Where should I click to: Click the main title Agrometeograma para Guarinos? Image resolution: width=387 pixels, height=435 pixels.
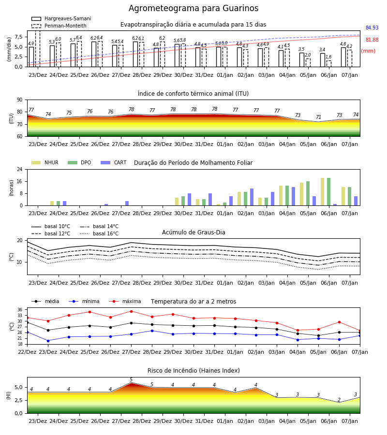click(x=193, y=8)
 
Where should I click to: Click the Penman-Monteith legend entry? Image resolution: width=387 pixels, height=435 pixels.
click(x=59, y=26)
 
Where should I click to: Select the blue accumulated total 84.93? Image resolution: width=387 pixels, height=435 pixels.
click(x=372, y=28)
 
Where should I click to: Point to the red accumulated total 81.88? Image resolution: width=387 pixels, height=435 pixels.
click(x=372, y=40)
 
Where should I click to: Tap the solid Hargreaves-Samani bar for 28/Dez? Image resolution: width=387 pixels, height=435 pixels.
click(x=135, y=54)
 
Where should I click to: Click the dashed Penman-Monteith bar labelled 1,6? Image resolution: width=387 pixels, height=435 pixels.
click(x=329, y=63)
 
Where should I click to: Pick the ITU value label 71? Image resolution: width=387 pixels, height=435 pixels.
click(x=318, y=117)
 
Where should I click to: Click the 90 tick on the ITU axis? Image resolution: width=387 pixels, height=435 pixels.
click(x=20, y=100)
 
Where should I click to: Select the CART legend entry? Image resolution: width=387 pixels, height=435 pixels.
click(x=114, y=162)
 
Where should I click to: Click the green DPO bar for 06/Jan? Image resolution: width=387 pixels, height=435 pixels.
click(x=328, y=192)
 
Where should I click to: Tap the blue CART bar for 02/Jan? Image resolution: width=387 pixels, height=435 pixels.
click(x=252, y=197)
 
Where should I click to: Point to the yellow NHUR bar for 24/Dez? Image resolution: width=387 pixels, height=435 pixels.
click(x=52, y=203)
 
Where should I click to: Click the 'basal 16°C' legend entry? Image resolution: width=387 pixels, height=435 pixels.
click(x=99, y=233)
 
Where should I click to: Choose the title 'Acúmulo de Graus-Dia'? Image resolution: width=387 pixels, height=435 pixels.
click(x=193, y=232)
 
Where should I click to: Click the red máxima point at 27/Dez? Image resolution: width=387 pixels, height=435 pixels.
click(x=131, y=311)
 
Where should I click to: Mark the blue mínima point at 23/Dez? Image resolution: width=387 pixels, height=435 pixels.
click(x=48, y=341)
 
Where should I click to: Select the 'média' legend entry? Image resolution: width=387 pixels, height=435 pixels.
click(x=45, y=301)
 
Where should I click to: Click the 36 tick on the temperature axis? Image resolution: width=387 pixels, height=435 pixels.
click(x=20, y=310)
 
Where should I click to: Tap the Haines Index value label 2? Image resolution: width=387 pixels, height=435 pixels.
click(x=339, y=400)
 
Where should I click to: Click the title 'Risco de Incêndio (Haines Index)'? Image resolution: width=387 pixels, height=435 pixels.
click(x=193, y=370)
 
